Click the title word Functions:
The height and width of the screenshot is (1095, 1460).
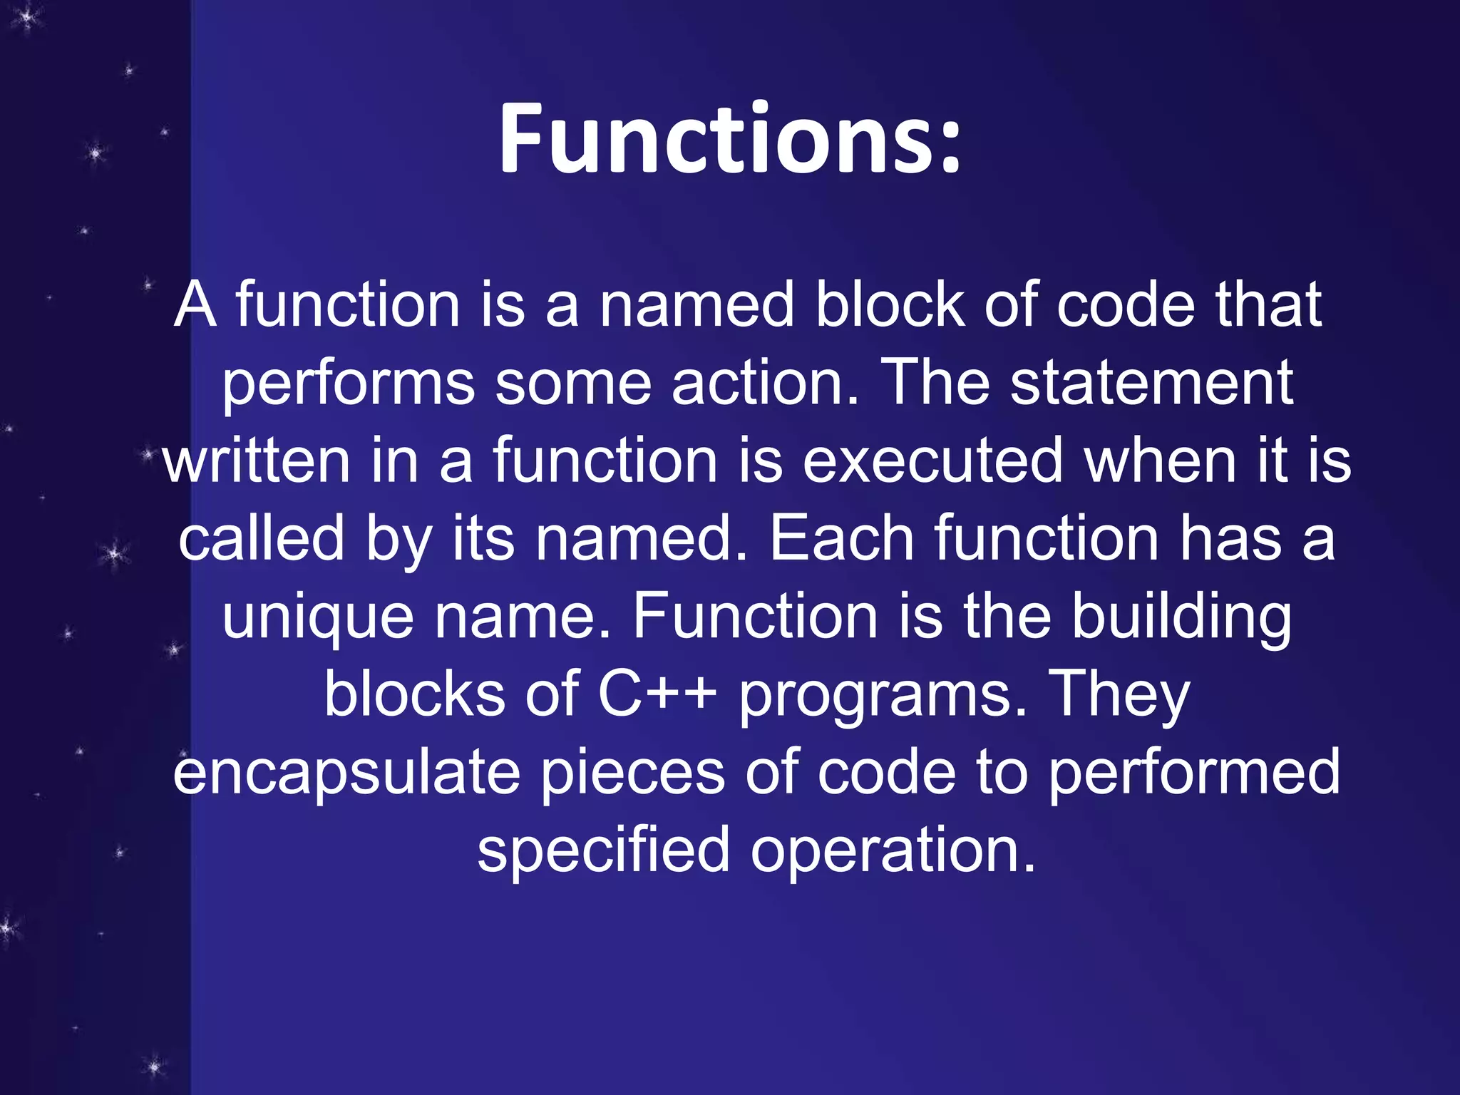coord(729,139)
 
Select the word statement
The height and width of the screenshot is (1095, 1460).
coord(1151,384)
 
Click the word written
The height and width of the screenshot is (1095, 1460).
coord(256,461)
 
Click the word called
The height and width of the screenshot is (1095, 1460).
coord(261,539)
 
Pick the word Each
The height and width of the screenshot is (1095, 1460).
coord(841,539)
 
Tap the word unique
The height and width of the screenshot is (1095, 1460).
coord(318,619)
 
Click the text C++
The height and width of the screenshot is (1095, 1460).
coord(657,694)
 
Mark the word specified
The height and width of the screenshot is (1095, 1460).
coord(603,852)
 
